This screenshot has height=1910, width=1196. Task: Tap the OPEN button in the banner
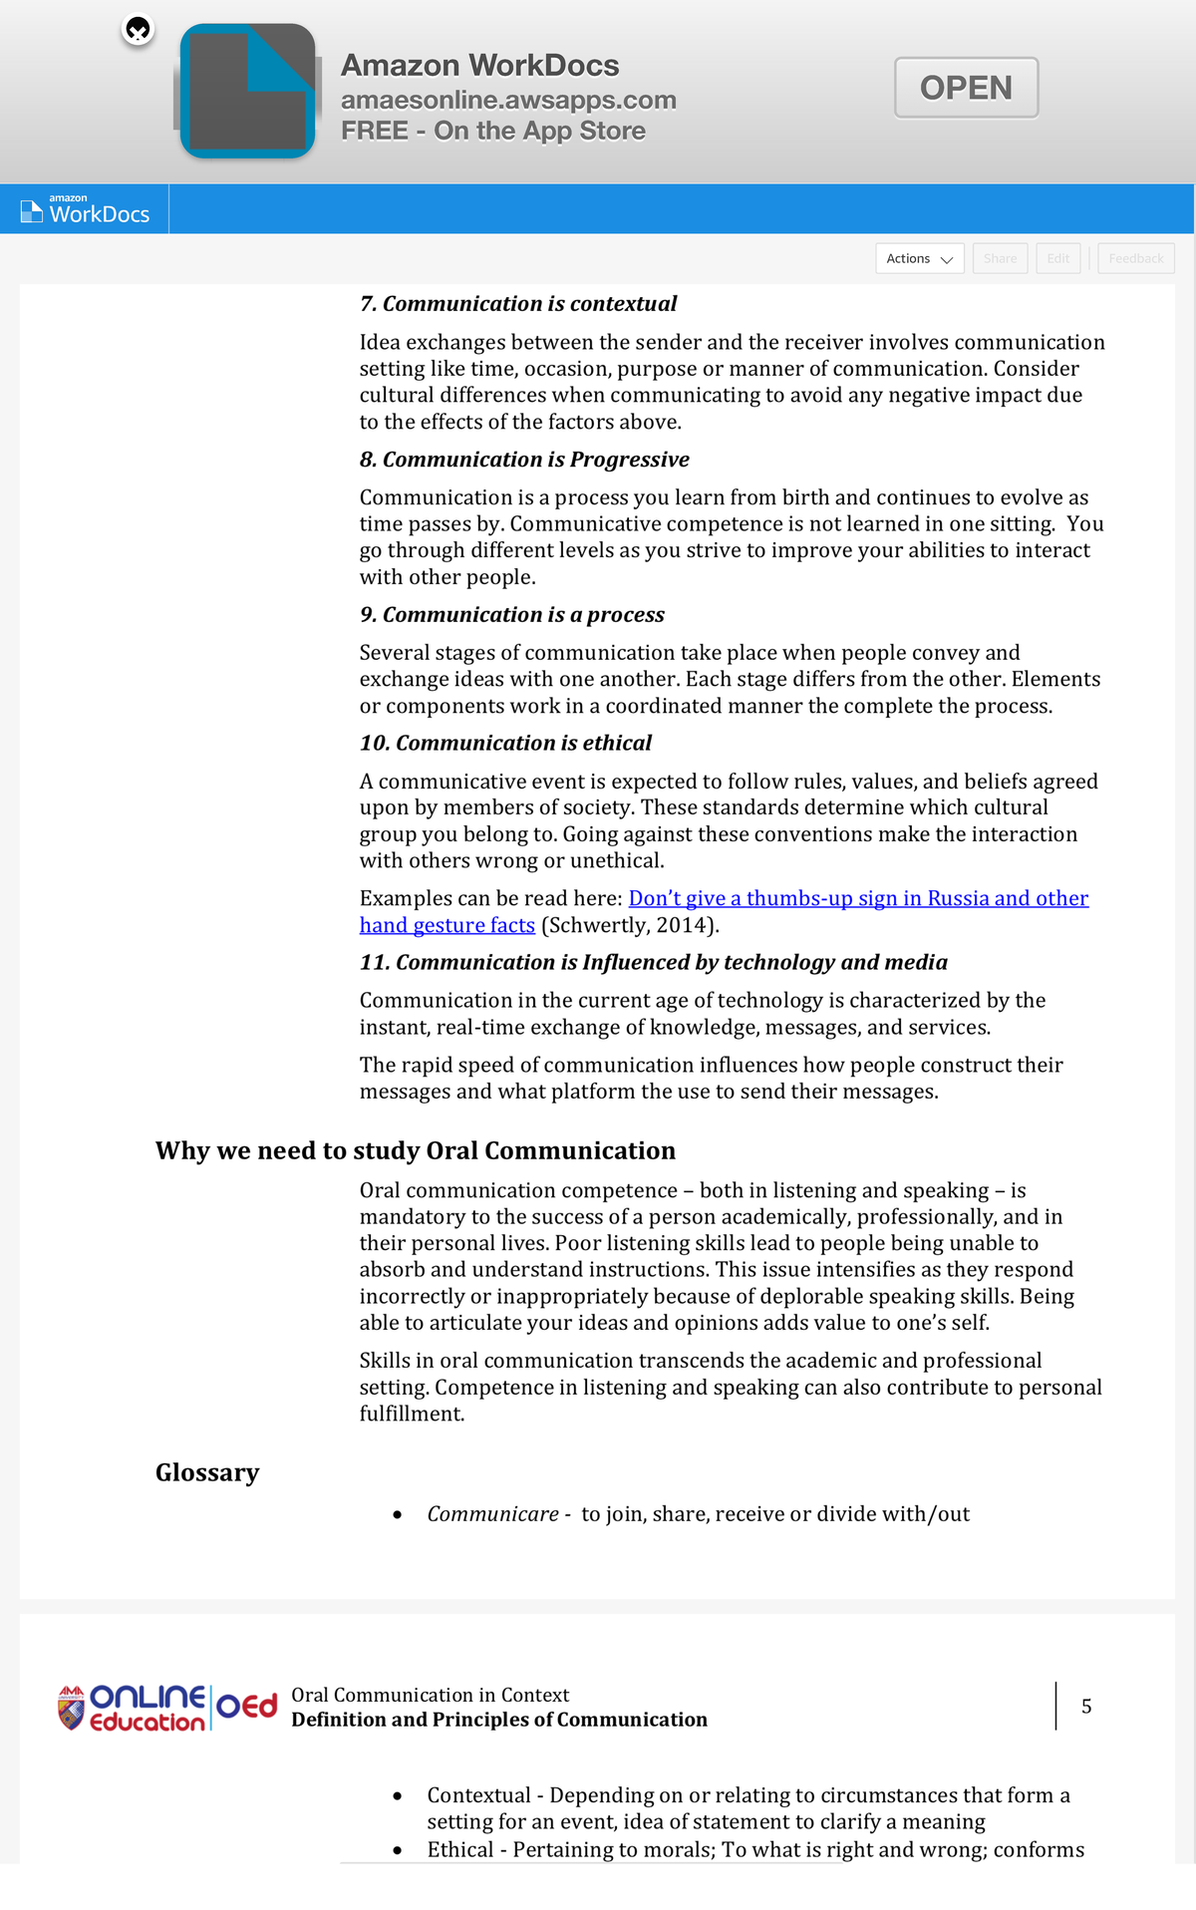(x=966, y=88)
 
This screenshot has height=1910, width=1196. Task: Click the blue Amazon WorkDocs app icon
(x=247, y=92)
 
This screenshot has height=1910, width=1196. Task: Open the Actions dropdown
(x=919, y=258)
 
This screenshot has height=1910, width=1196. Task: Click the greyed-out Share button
(x=1000, y=258)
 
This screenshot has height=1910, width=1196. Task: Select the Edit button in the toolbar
(x=1057, y=258)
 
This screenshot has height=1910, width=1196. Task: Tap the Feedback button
(x=1135, y=258)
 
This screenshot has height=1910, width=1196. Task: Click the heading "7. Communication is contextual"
(x=517, y=303)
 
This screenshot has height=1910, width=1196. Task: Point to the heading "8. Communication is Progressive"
(x=524, y=460)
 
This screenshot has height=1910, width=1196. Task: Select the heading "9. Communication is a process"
(x=511, y=615)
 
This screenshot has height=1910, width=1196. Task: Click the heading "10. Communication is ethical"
(x=505, y=743)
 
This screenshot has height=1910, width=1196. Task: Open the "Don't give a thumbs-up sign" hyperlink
(x=857, y=898)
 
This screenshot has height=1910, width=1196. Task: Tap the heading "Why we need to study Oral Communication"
(x=415, y=1150)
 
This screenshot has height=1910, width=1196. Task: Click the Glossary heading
(x=207, y=1472)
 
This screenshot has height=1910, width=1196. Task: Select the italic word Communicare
(x=492, y=1514)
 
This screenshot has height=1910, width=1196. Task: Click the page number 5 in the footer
(x=1086, y=1707)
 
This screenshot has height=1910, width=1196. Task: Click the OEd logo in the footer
(x=246, y=1707)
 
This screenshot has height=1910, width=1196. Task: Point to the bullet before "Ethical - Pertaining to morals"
(x=398, y=1850)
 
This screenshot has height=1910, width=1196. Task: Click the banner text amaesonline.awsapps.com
(x=508, y=100)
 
